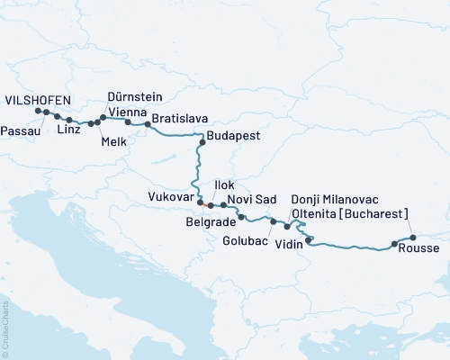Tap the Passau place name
20,130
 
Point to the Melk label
114,141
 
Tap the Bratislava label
180,118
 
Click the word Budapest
233,137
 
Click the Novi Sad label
251,198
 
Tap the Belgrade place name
211,220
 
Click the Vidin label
288,244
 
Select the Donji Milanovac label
334,198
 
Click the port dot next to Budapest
202,142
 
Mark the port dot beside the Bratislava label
147,124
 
